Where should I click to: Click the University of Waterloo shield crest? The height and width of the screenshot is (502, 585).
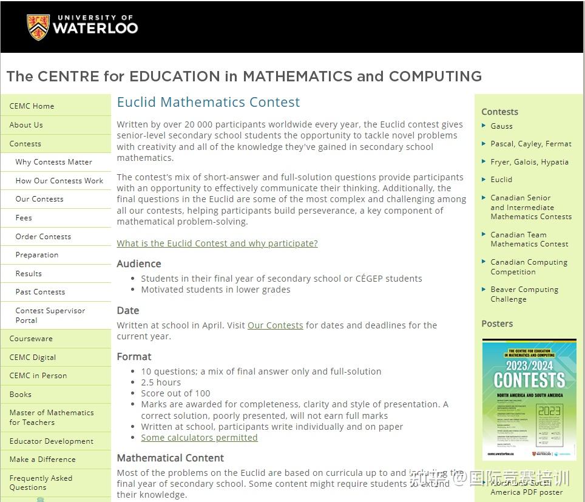coord(38,27)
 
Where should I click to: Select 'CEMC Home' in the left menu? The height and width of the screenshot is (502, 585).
coord(32,106)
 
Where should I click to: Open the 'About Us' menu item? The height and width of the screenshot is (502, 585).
coord(26,125)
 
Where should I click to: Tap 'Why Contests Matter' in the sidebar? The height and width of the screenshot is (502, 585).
coord(54,162)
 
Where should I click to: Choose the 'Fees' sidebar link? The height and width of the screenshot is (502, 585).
coord(24,218)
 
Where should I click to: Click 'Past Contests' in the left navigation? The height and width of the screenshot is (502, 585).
coord(40,292)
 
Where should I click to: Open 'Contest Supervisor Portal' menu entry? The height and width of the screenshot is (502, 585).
coord(50,315)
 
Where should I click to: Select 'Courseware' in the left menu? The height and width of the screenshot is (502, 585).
coord(31,339)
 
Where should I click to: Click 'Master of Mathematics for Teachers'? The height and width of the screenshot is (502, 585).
coord(52,417)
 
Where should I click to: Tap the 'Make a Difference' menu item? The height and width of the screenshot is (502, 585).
coord(42,460)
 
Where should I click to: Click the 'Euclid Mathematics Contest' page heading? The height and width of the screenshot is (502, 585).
coord(208,102)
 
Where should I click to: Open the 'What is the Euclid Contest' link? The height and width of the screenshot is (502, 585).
coord(217,243)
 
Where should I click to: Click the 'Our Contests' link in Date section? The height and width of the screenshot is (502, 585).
coord(275,325)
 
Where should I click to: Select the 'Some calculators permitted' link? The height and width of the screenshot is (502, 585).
coord(199,438)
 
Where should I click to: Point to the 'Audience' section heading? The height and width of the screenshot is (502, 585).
coord(139,263)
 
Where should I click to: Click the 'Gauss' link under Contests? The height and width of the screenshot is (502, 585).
coord(501,126)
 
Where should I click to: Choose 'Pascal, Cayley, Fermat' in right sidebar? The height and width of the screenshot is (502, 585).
coord(531,144)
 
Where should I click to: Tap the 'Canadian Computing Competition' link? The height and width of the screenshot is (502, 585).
coord(529,267)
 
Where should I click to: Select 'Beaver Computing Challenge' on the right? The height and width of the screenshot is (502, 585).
coord(524,294)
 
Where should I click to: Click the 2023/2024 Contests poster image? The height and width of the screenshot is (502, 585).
coord(529,399)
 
